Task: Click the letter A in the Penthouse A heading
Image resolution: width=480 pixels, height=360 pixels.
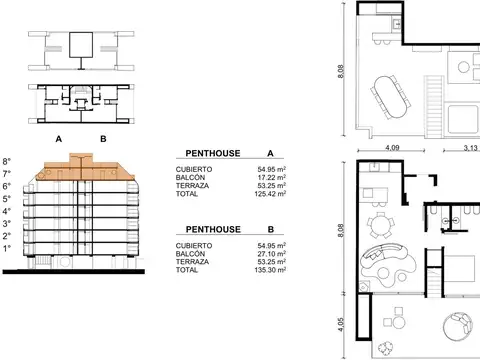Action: [271, 153]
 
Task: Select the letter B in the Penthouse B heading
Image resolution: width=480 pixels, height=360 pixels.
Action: [271, 230]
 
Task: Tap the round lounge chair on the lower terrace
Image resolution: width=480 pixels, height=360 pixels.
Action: [461, 325]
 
